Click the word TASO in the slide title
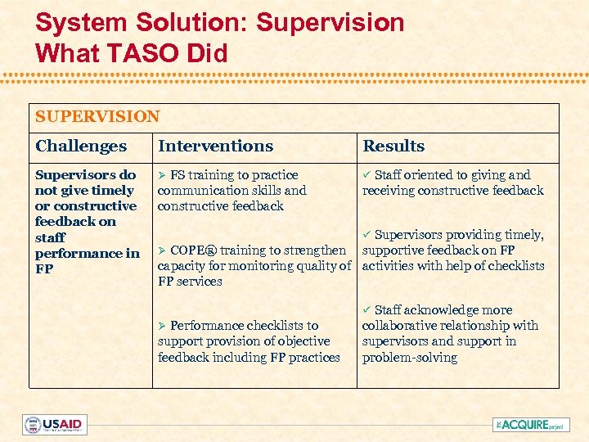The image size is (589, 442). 147,52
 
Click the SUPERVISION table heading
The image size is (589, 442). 97,117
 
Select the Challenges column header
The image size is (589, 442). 81,147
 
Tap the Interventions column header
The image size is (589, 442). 215,147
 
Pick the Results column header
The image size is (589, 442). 393,147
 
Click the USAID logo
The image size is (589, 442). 54,425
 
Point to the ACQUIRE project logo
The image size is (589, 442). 531,425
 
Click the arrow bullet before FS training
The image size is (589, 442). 162,175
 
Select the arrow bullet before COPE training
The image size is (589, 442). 162,250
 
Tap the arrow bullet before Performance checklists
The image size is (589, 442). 162,326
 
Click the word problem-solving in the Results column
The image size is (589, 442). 409,358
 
